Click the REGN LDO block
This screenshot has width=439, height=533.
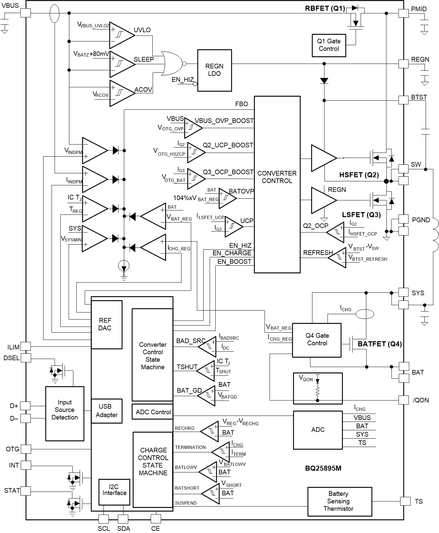pyautogui.click(x=214, y=70)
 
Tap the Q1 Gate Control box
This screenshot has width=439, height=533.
pyautogui.click(x=328, y=45)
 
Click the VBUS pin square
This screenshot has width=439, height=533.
pyautogui.click(x=25, y=13)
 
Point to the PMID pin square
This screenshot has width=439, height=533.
pyautogui.click(x=403, y=13)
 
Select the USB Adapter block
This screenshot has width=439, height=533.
pyautogui.click(x=106, y=411)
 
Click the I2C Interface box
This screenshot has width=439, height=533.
pyautogui.click(x=114, y=492)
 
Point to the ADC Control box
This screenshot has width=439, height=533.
pyautogui.click(x=153, y=412)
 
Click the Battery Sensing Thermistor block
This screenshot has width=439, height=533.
pyautogui.click(x=339, y=501)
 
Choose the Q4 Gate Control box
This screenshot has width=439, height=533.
pyautogui.click(x=317, y=340)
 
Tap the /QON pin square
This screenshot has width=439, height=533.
pyautogui.click(x=404, y=400)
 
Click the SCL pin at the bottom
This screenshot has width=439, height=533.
pyautogui.click(x=104, y=519)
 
